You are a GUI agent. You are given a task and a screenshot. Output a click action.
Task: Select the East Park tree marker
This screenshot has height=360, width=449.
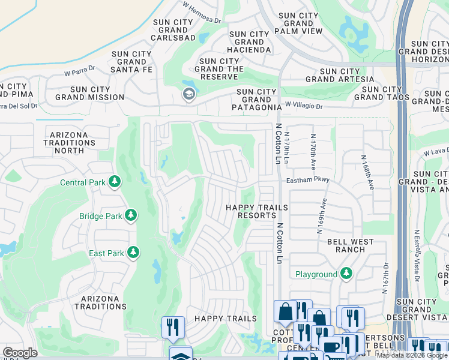(131, 253)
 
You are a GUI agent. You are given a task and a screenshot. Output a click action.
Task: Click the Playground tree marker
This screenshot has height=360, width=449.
(346, 274)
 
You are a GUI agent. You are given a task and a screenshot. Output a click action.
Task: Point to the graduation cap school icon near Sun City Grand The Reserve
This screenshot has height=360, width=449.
(188, 94)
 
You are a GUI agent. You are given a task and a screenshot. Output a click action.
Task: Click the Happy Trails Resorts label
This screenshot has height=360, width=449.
(256, 211)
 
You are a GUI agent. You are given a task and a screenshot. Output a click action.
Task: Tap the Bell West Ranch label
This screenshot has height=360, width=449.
(350, 245)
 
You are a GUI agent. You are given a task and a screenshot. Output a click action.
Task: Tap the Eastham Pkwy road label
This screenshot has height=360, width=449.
(308, 179)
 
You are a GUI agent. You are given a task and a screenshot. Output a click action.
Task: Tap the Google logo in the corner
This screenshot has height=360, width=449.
(20, 353)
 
